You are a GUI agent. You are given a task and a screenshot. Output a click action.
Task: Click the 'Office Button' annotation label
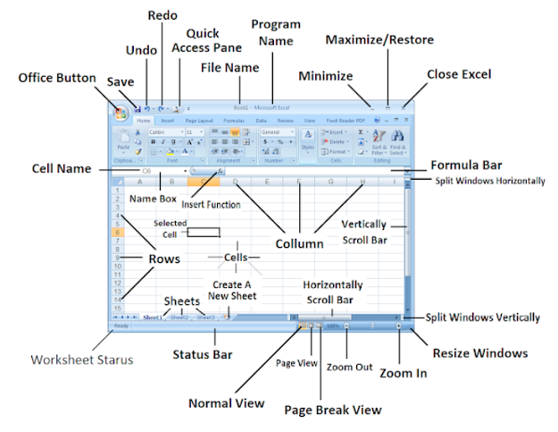57,78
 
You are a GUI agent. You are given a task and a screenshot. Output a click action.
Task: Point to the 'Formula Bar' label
466,165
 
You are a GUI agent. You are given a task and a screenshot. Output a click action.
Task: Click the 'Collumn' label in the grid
299,242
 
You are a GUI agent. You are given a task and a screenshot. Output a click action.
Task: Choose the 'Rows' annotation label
163,258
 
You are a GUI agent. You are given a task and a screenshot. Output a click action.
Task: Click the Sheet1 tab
153,317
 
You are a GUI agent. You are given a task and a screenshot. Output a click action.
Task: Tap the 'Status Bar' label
203,355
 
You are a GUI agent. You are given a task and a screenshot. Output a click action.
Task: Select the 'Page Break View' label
332,410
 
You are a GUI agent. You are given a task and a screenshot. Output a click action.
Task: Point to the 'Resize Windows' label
479,353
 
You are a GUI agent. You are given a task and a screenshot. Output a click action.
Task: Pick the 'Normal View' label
226,403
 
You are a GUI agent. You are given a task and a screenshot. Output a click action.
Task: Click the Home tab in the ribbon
144,119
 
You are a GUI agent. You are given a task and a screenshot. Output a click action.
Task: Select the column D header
235,182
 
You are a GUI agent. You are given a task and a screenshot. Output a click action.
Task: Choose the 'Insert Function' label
212,205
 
